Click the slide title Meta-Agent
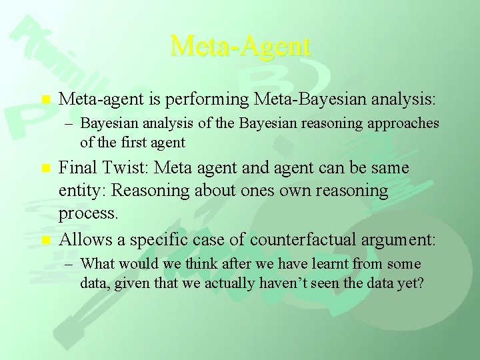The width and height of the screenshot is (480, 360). [x=240, y=46]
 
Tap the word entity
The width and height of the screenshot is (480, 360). [x=81, y=191]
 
